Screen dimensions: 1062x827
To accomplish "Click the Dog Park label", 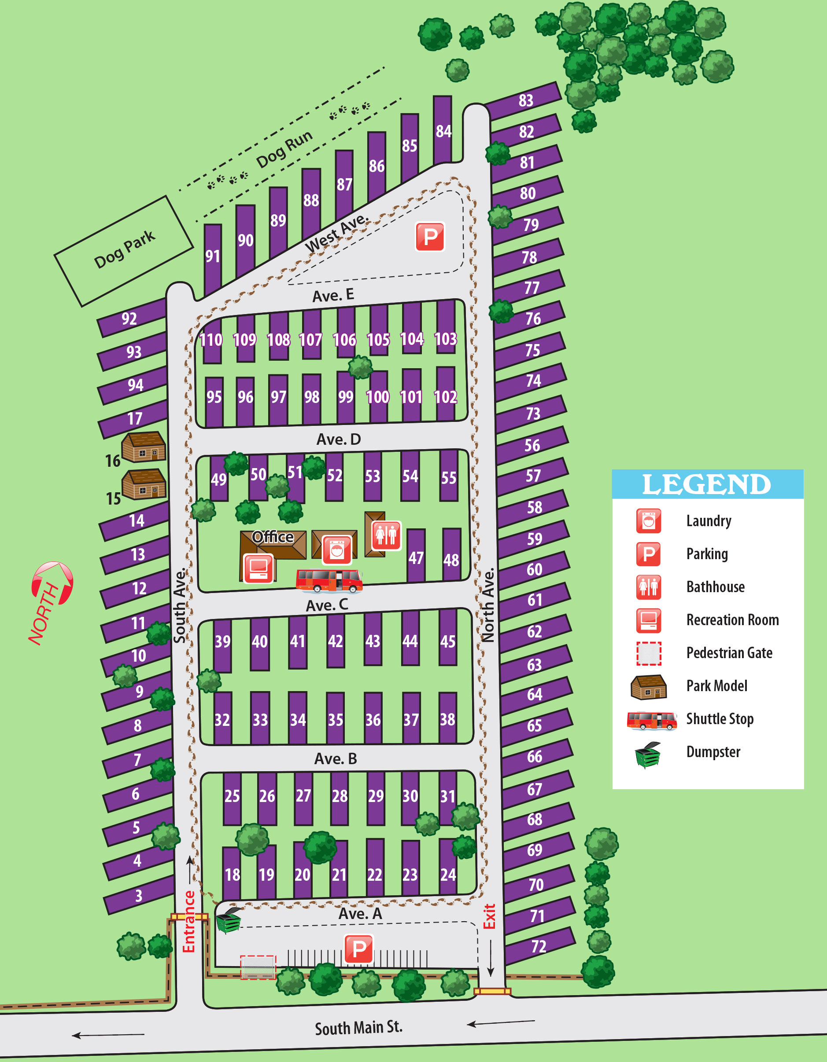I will coord(124,249).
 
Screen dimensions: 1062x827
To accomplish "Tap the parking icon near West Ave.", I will coord(430,237).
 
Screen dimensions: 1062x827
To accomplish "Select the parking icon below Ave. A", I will coord(359,948).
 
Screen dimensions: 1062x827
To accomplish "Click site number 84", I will coord(443,131).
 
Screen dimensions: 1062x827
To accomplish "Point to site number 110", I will coord(211,340).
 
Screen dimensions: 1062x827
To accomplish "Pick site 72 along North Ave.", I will coord(539,946).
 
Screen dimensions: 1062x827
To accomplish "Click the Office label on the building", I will coord(273,537).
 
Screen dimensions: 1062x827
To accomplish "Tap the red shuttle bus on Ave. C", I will coord(329,581).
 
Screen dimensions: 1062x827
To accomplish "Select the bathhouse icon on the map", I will coord(386,535).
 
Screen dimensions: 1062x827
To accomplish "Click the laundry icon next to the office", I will coord(336,550).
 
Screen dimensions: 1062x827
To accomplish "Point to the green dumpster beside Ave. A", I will coord(228,920).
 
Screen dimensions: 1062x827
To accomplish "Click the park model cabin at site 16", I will coord(144,447).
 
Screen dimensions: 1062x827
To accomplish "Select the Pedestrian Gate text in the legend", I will coord(729,652).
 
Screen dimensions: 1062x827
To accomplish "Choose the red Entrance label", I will coord(189,922).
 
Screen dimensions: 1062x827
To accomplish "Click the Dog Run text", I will coord(284,149).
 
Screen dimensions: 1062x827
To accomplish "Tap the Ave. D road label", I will coord(338,439).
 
